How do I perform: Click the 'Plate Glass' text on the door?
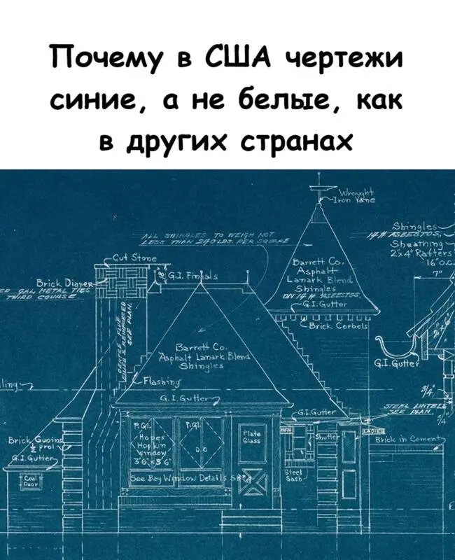(x=250, y=435)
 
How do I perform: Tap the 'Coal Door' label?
(x=31, y=480)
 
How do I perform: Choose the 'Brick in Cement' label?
(x=409, y=440)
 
